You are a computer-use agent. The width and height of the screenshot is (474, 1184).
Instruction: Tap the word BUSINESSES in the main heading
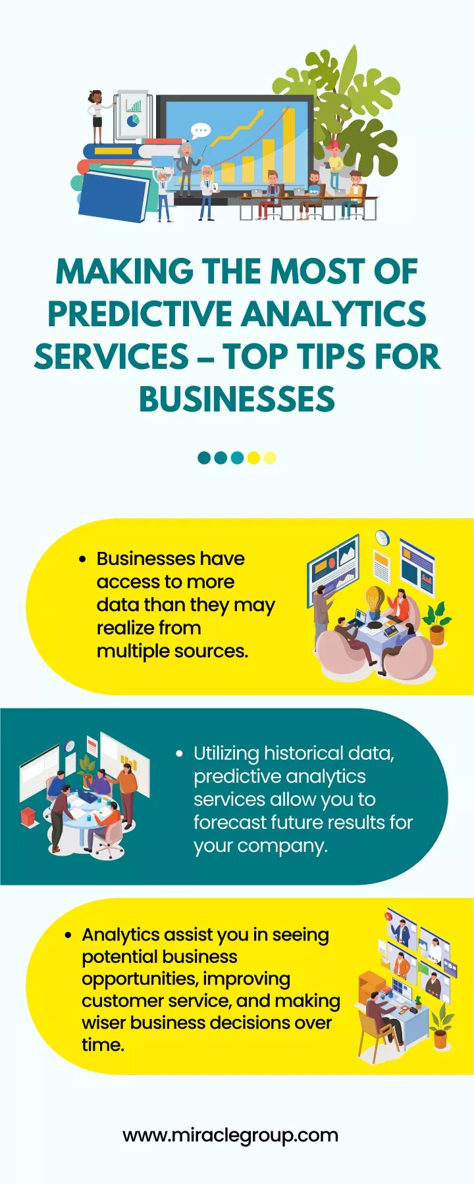(237, 399)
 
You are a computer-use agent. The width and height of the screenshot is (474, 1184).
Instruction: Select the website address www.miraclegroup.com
(230, 1135)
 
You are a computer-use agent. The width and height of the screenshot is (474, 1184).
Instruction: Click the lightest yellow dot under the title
(270, 458)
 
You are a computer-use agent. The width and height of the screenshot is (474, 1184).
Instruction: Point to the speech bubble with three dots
(199, 130)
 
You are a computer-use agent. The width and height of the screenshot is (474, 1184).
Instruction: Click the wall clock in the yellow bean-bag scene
(382, 538)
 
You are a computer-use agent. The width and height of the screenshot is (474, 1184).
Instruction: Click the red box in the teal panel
(29, 818)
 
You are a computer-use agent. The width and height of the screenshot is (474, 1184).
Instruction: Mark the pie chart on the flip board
(134, 122)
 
